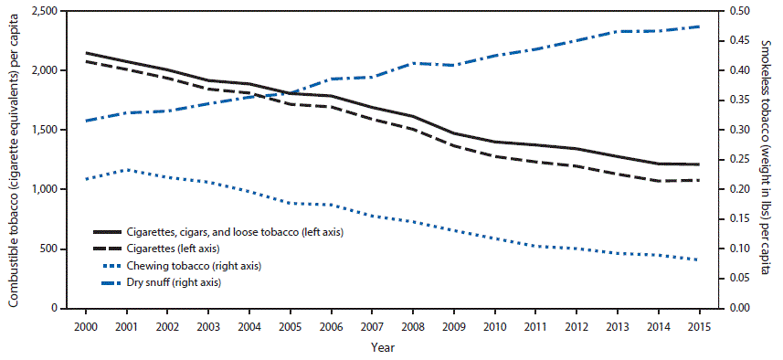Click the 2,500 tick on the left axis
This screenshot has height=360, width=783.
[x=38, y=11]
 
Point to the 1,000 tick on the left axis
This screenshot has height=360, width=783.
[x=38, y=189]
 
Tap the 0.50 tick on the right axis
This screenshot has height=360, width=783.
[x=738, y=11]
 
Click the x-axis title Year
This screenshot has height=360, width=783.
[x=383, y=347]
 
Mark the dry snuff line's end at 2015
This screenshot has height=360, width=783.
[x=699, y=26]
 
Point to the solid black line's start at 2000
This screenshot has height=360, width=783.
[x=85, y=53]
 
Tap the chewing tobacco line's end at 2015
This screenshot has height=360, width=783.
[x=699, y=260]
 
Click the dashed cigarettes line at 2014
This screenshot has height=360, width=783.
[x=658, y=181]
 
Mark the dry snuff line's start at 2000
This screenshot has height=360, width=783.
[x=85, y=121]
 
